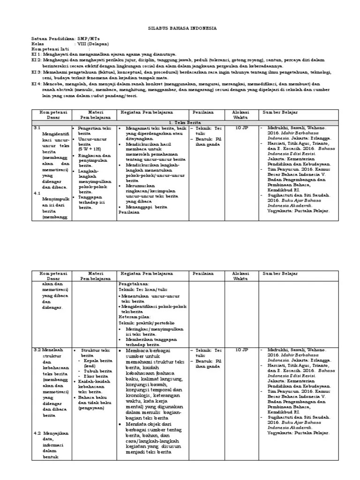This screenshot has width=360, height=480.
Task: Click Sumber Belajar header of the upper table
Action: coord(280,112)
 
